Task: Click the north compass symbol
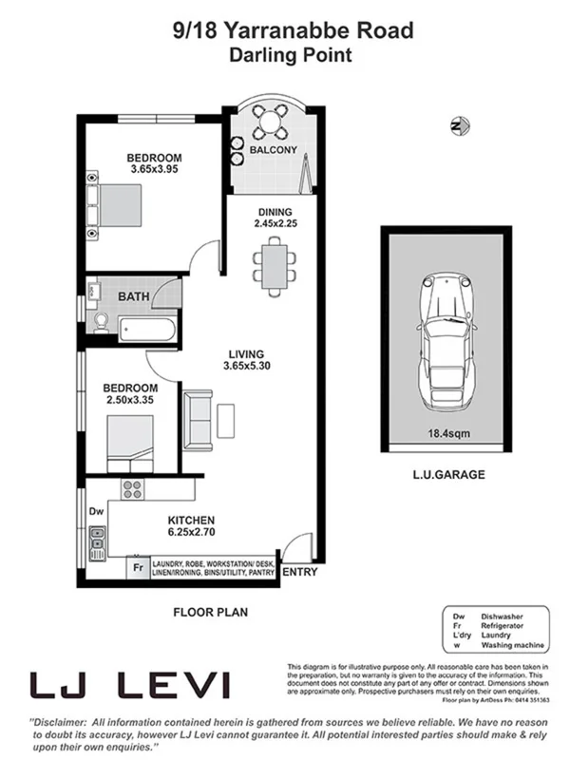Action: pos(457,124)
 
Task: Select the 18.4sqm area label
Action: pos(445,437)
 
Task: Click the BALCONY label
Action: pos(273,150)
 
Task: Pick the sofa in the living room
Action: pos(198,420)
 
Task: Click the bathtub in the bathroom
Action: pos(147,329)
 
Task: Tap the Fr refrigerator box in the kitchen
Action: pos(138,568)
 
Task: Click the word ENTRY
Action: pos(300,572)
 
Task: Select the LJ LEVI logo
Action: pos(129,684)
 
